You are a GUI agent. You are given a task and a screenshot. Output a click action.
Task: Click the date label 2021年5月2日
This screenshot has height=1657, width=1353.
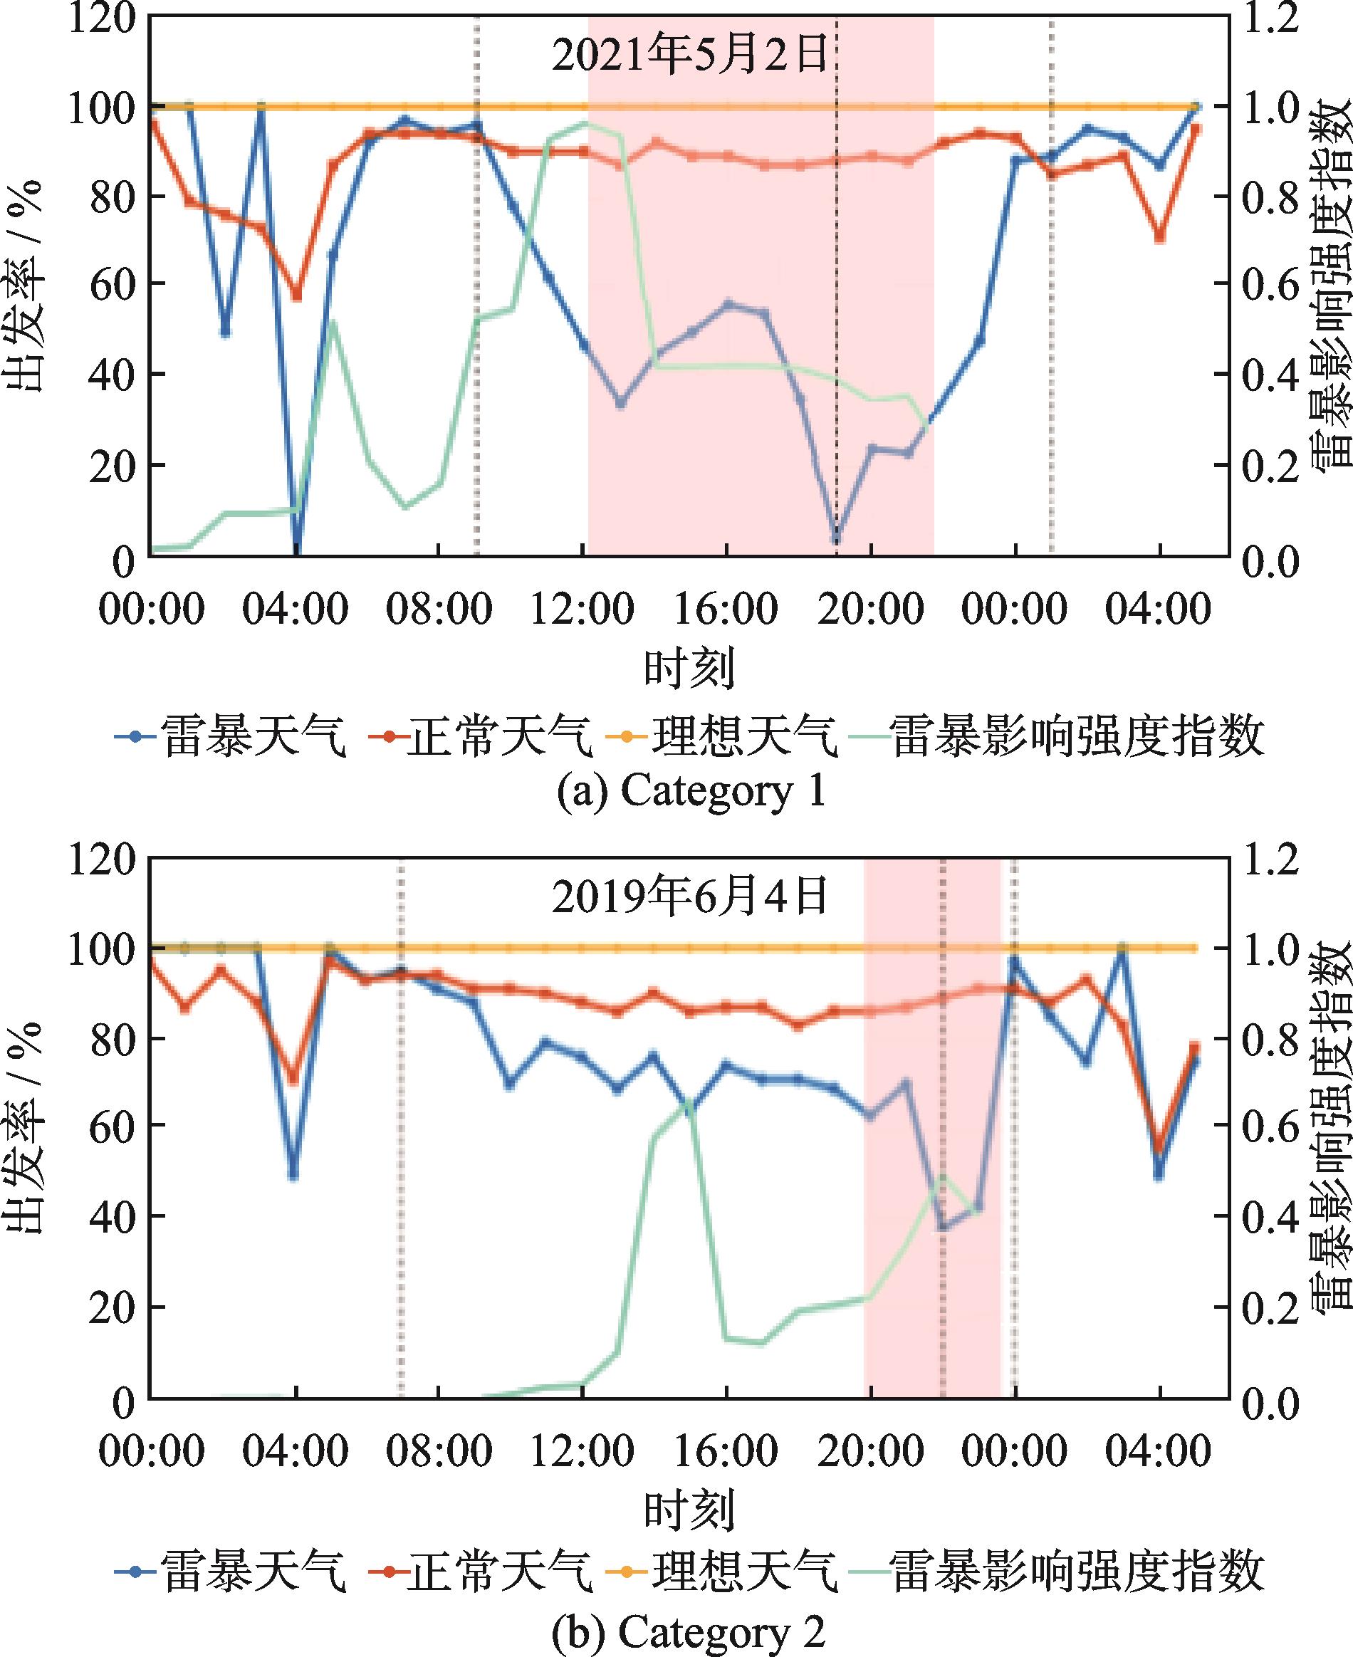[x=689, y=56]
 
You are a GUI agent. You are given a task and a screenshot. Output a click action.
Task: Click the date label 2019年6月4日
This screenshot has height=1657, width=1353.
[x=689, y=897]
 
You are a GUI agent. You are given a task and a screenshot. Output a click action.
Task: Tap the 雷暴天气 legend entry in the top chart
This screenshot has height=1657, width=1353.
[x=231, y=736]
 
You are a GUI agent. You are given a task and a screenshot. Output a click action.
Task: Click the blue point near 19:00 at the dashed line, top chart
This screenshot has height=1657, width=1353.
[x=836, y=538]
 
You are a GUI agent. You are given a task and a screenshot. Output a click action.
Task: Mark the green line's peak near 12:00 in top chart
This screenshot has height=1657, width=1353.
[x=585, y=123]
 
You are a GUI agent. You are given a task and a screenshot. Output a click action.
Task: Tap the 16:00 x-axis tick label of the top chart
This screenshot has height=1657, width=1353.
[x=726, y=607]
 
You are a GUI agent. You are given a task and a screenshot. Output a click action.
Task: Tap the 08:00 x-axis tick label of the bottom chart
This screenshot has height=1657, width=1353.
[x=439, y=1450]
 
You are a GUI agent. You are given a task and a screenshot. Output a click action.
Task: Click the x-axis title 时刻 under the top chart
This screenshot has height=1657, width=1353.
[x=689, y=669]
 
